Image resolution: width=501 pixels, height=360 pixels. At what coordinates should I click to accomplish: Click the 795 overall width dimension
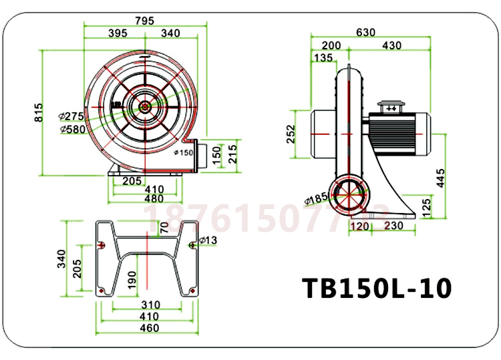145,20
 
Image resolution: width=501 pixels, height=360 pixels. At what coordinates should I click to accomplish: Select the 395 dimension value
118,33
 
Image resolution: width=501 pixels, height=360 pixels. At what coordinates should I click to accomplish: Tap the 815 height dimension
37,111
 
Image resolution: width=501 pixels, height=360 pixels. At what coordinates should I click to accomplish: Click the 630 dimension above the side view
366,32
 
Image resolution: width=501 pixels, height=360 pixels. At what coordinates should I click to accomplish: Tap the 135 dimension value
323,57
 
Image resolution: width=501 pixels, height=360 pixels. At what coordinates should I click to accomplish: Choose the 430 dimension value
391,45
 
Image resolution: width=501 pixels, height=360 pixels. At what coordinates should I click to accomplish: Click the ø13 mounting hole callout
208,239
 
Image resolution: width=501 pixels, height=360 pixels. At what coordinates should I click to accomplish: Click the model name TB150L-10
377,288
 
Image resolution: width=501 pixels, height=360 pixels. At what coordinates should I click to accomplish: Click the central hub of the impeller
144,105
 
